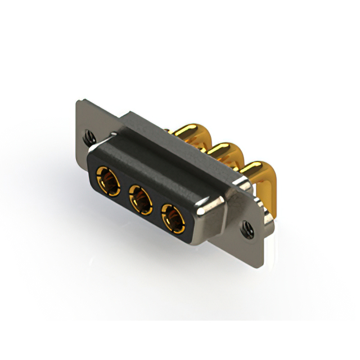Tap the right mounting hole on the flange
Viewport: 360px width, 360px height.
[x=245, y=227]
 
